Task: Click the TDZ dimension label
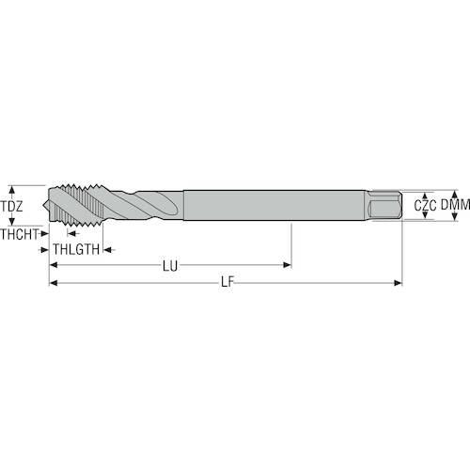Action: pyautogui.click(x=11, y=206)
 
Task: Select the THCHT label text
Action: pyautogui.click(x=20, y=234)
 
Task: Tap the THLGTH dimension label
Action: pyautogui.click(x=76, y=249)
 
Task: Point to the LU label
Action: pyautogui.click(x=170, y=266)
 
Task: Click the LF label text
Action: pyautogui.click(x=227, y=282)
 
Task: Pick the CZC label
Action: pyautogui.click(x=425, y=206)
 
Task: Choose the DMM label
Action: pyautogui.click(x=455, y=205)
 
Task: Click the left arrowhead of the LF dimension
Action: pyautogui.click(x=54, y=283)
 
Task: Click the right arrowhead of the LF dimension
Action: pyautogui.click(x=398, y=283)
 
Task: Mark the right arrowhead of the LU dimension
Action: pyautogui.click(x=288, y=265)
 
